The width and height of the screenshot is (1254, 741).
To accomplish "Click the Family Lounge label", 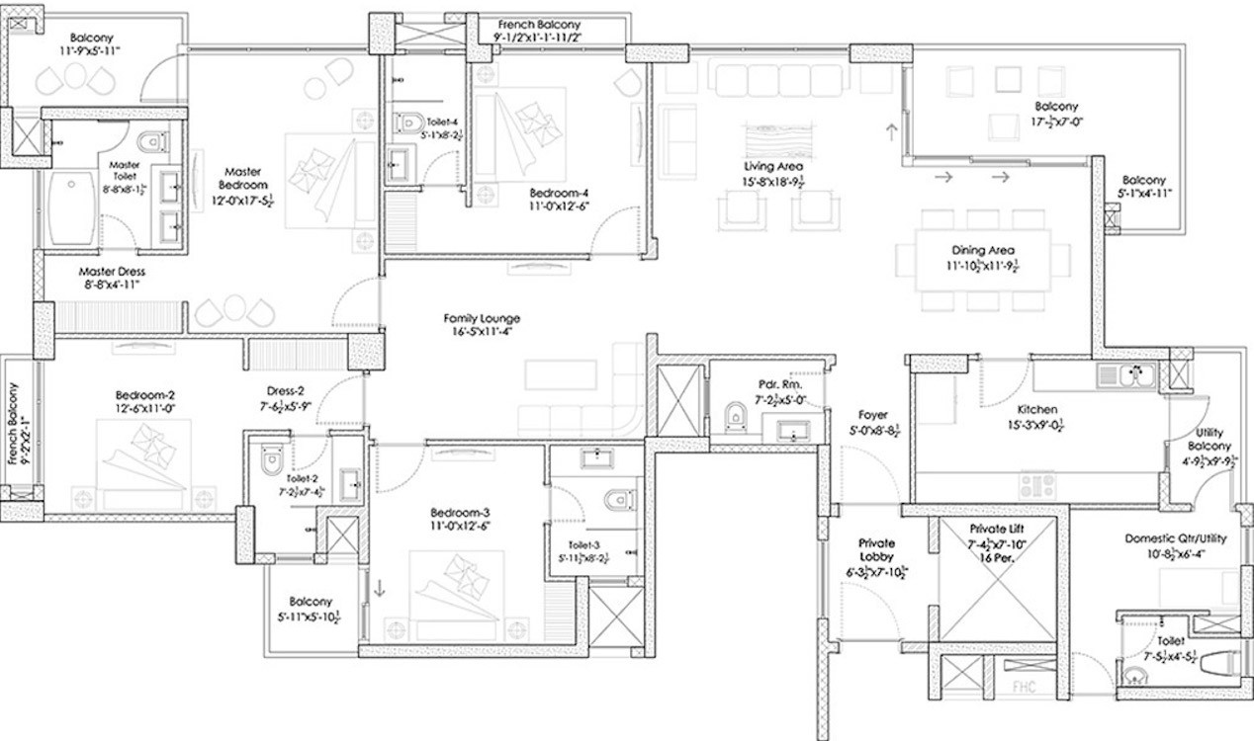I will [x=482, y=318].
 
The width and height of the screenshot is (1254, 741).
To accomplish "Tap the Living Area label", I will [x=773, y=167].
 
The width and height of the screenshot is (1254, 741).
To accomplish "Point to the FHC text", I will [x=1022, y=687].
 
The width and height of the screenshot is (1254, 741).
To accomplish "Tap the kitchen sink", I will [x=1126, y=375].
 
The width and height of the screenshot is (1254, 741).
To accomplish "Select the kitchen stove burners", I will [x=1037, y=484].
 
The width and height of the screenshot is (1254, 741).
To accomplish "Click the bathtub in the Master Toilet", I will [x=72, y=208].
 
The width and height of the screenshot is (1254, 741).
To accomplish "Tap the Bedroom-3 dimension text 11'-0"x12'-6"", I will [x=461, y=526].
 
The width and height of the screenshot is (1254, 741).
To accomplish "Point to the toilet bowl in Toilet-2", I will [x=272, y=460].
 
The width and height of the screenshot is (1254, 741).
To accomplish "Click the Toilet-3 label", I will [x=583, y=543].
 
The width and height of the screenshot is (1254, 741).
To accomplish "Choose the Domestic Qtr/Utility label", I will [x=1174, y=539].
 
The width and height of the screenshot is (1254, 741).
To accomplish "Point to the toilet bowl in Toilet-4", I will [x=408, y=123].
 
